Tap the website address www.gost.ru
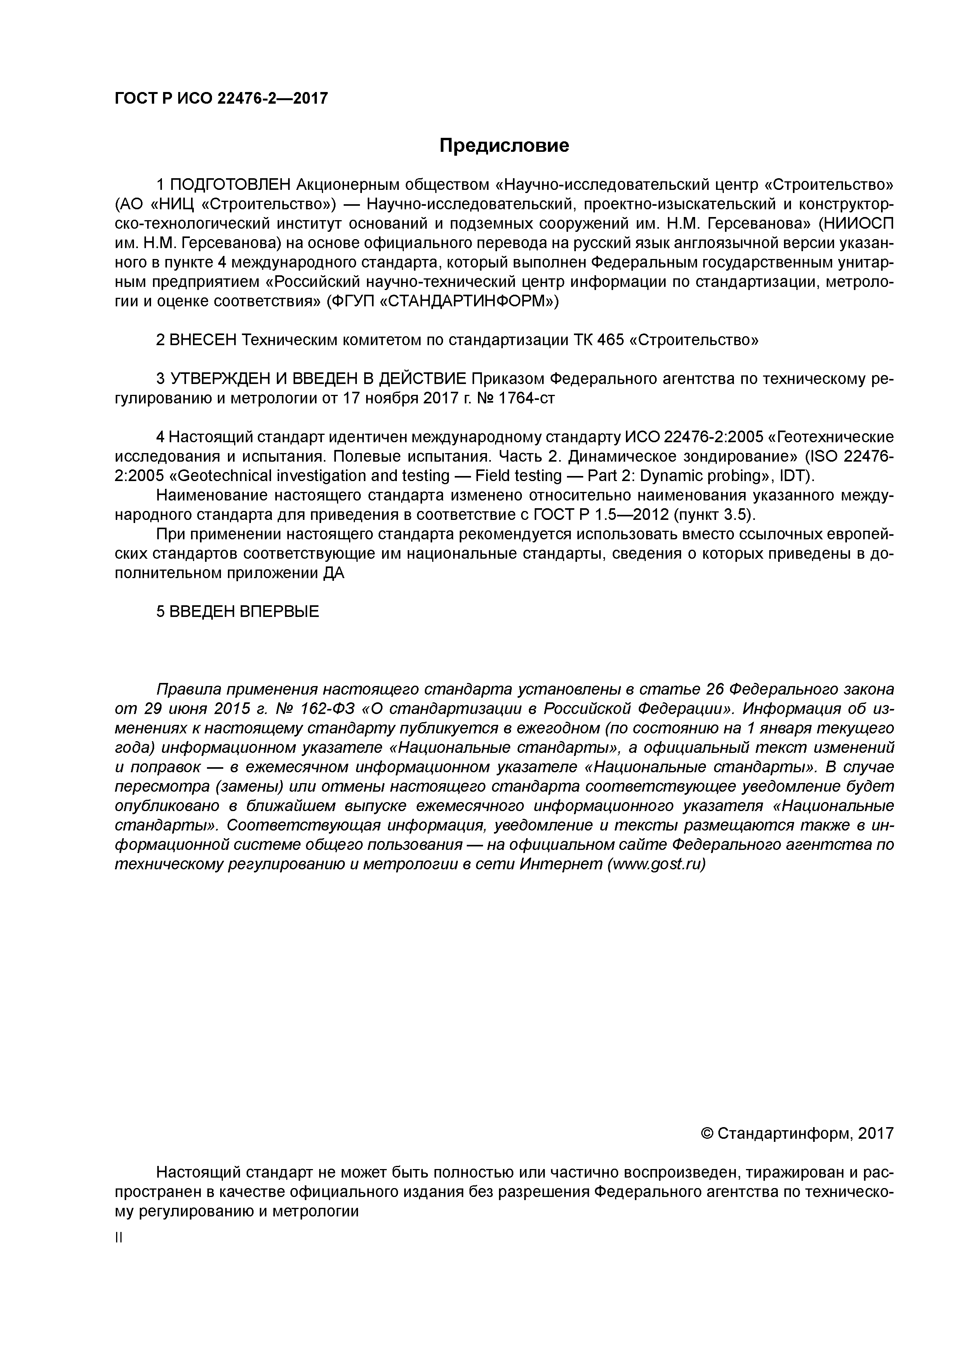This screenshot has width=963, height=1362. pyautogui.click(x=655, y=864)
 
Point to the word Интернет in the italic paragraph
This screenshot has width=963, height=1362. pyautogui.click(x=561, y=864)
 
